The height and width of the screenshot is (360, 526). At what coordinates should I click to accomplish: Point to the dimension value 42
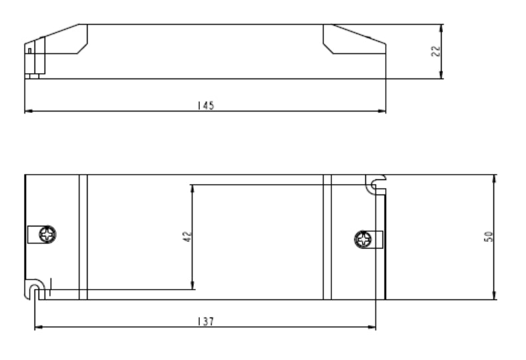187,236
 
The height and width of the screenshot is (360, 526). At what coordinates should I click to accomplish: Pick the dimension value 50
489,237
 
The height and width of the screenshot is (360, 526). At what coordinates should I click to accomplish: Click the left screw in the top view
48,234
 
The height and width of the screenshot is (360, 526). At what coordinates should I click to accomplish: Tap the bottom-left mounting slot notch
35,288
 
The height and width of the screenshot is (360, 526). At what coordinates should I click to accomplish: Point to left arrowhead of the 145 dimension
28,112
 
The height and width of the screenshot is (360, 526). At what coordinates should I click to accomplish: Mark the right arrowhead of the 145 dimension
383,112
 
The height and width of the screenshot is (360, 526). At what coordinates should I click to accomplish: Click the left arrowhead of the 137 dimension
38,327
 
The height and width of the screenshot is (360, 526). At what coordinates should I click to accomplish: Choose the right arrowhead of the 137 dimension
372,327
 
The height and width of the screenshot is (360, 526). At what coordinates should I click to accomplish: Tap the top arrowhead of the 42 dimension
192,187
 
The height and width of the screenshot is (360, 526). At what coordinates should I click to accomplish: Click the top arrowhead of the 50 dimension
495,179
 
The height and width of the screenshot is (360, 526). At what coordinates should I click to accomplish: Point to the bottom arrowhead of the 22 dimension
442,75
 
